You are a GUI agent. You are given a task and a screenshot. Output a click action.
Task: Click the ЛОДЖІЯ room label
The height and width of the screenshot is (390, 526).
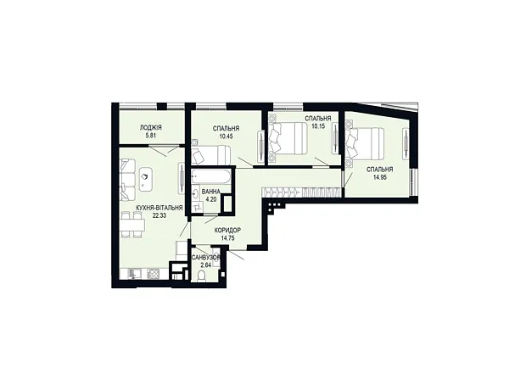point(151,127)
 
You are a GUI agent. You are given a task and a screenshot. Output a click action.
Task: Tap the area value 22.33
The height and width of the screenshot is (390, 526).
point(159,215)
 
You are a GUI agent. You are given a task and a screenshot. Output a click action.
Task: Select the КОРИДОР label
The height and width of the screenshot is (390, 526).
point(227,231)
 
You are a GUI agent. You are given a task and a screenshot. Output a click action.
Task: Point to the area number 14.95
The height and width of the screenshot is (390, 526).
point(380,177)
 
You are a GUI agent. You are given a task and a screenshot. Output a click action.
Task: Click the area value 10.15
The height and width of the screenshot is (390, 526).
point(318,127)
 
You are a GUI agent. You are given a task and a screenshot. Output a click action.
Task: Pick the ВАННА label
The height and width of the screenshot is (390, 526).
point(211,192)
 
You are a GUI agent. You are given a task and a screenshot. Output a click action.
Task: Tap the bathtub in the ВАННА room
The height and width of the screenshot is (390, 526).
point(210,176)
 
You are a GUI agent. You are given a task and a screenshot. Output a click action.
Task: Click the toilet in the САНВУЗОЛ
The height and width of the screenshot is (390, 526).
point(202,276)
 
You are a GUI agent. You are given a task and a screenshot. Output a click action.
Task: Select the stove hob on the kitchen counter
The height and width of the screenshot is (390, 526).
point(154,274)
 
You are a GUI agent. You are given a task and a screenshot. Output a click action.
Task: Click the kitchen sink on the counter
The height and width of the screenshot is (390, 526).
point(135,274)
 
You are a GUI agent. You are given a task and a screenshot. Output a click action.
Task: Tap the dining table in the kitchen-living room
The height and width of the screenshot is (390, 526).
point(133,225)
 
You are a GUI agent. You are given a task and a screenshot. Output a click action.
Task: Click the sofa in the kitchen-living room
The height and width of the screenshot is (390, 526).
point(127,180)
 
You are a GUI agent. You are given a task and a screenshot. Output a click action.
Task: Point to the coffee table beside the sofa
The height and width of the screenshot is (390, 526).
point(145,180)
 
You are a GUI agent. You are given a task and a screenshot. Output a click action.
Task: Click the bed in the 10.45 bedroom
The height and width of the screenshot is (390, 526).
point(210,155)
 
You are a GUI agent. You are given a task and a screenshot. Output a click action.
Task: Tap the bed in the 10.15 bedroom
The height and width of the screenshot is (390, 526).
point(288,138)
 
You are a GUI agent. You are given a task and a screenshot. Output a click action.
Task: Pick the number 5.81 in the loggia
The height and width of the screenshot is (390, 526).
point(151,136)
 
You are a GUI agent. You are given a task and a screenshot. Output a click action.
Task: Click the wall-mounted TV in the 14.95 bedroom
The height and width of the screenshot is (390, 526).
point(406,144)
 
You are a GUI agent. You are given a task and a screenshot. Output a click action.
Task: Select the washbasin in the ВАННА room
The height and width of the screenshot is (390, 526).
point(195,194)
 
